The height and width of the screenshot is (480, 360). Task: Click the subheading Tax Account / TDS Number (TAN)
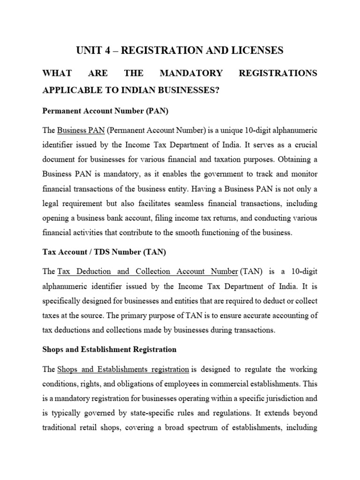tap(104, 252)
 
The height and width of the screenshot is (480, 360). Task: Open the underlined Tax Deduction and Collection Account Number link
tap(148, 271)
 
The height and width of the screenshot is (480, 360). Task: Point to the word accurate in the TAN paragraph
tap(253, 315)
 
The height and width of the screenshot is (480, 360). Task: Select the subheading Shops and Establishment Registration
tap(109, 349)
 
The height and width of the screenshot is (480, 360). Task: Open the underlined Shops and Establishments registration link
tap(123, 369)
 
